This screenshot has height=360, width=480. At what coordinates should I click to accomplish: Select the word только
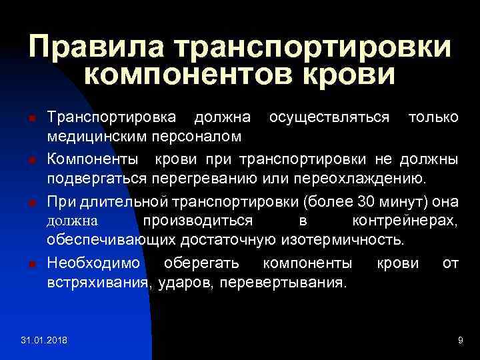click(433, 117)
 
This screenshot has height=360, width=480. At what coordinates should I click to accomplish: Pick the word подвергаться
click(97, 179)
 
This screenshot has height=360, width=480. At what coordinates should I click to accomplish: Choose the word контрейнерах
click(404, 220)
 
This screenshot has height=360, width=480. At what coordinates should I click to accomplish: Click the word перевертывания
click(291, 282)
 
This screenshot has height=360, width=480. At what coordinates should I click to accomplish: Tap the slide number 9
click(460, 341)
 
